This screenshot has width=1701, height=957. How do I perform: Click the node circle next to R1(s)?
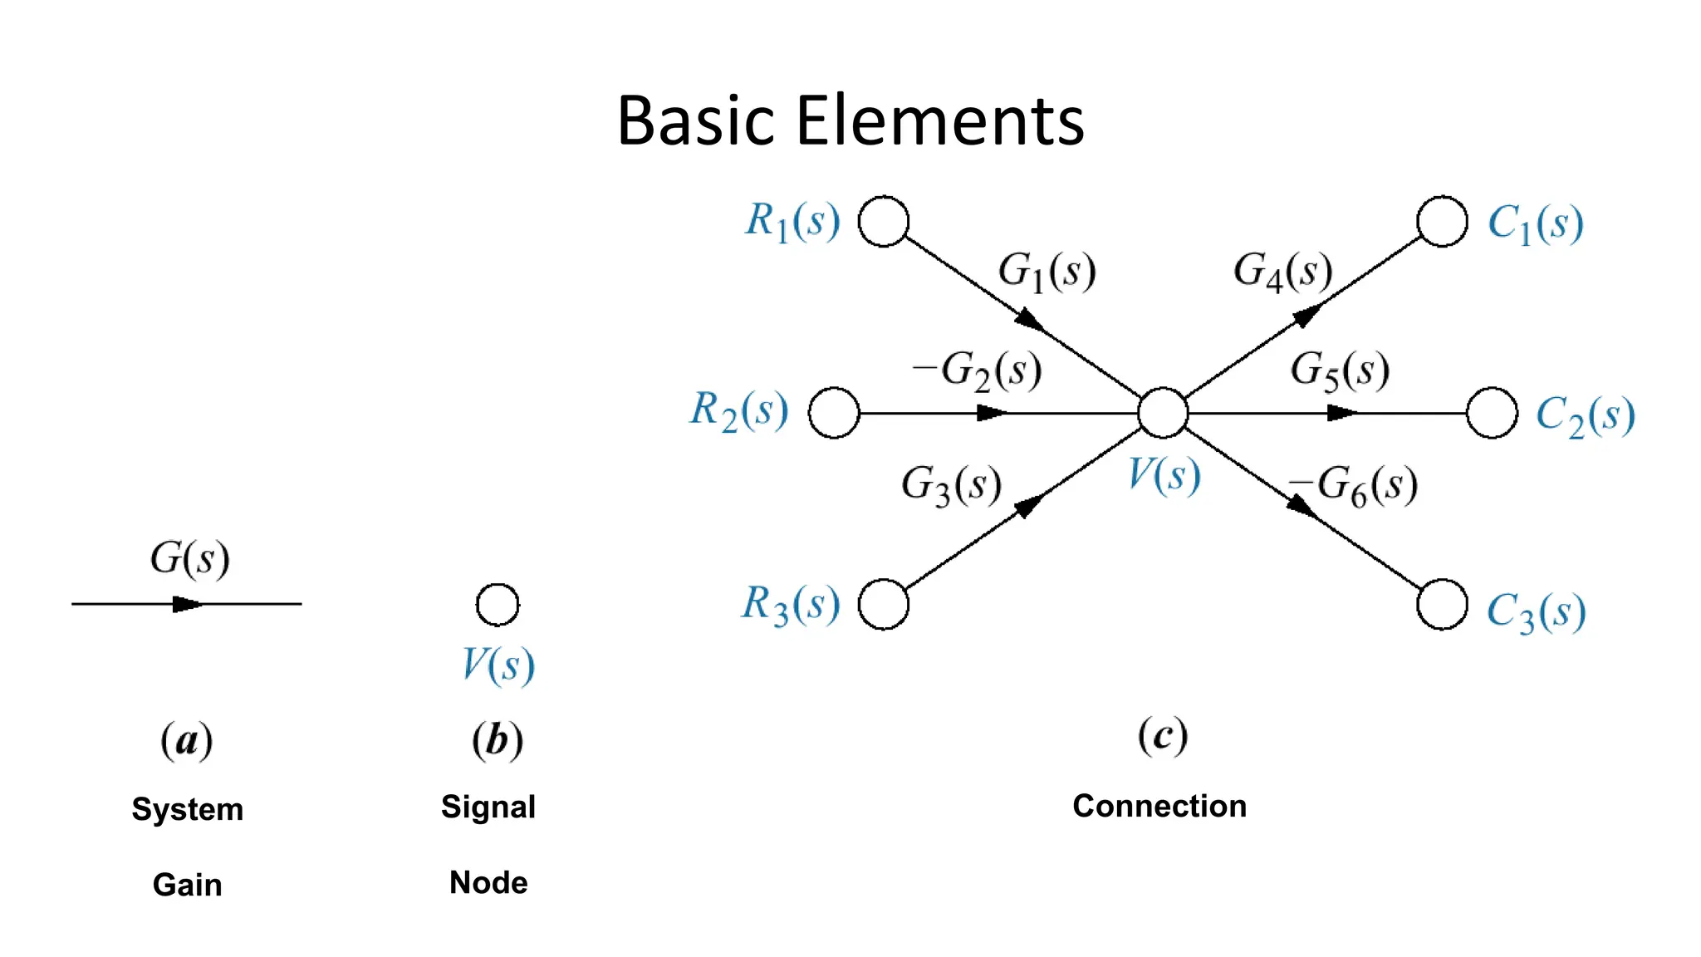click(884, 222)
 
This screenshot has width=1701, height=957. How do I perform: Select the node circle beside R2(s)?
click(834, 413)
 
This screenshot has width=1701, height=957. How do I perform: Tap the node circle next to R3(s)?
click(884, 604)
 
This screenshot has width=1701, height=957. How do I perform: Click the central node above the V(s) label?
click(1163, 413)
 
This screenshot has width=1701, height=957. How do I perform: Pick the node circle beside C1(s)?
click(1443, 222)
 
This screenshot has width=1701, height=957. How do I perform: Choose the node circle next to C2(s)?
click(1493, 413)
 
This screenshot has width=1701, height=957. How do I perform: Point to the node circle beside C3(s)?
click(1443, 604)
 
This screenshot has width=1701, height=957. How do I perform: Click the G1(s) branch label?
click(1047, 272)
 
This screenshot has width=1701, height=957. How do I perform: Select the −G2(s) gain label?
click(977, 370)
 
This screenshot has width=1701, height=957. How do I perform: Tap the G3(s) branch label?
click(952, 485)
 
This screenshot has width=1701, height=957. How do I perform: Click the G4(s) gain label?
click(1283, 272)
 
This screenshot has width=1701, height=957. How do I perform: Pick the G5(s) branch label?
click(1340, 370)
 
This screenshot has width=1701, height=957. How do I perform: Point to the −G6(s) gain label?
click(1354, 485)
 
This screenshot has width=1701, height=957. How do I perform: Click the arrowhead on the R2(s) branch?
click(990, 413)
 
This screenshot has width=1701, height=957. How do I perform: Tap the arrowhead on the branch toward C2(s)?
click(1341, 413)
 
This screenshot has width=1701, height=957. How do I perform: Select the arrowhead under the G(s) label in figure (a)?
click(187, 604)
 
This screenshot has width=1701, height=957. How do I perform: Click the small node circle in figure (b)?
click(498, 604)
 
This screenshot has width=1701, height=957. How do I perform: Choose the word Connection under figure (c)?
click(1159, 806)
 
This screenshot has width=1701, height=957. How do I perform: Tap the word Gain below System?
click(188, 885)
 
